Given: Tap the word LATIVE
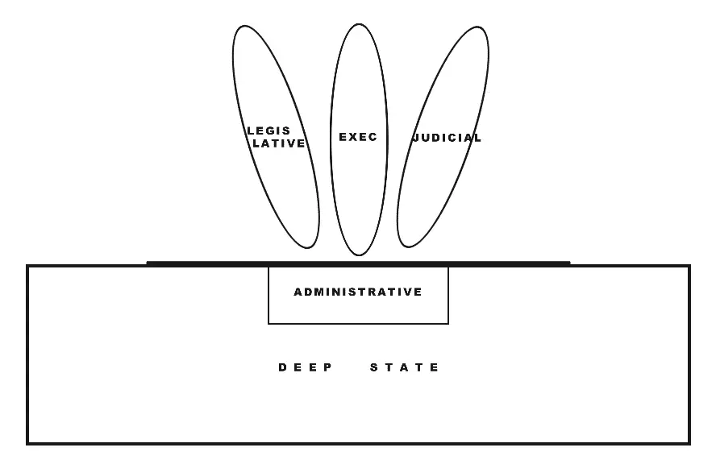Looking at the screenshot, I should [x=277, y=143].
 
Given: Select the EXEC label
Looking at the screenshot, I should [x=358, y=137].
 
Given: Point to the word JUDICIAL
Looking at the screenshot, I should [x=447, y=138].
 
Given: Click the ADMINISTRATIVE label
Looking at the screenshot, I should [x=358, y=292].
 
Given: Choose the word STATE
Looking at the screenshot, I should [x=405, y=367].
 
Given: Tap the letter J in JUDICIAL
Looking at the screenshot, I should [x=416, y=138].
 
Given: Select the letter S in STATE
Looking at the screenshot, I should [x=374, y=367].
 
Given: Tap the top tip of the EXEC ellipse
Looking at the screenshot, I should [x=357, y=24].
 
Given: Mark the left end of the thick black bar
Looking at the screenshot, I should [x=148, y=263].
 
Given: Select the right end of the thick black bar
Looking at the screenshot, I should [x=569, y=263].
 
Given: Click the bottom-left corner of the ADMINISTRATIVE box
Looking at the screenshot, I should [x=268, y=324].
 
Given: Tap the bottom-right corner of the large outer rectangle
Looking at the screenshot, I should [x=689, y=443].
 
